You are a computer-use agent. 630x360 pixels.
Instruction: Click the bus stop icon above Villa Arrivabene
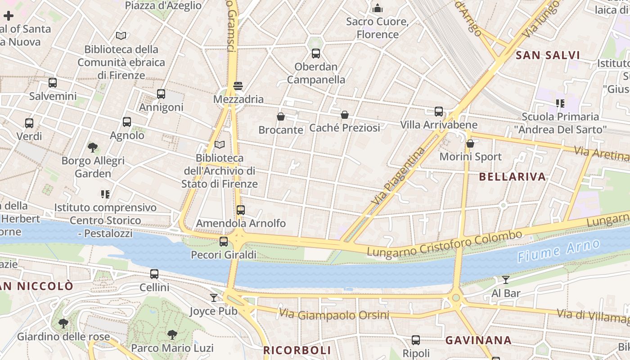(x=439, y=112)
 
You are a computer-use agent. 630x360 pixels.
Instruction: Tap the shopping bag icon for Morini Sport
(x=470, y=144)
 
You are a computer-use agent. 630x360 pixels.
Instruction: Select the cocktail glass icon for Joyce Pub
(x=213, y=297)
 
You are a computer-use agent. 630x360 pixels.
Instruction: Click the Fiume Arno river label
(x=558, y=251)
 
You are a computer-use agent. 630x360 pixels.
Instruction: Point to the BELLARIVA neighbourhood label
(x=513, y=176)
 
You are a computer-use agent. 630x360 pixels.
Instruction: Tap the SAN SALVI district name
(x=548, y=55)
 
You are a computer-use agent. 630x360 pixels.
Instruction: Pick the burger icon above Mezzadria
(x=238, y=86)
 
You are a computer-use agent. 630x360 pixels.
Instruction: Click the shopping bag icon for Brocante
(x=281, y=117)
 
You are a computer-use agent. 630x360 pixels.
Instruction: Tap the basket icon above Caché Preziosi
(x=345, y=115)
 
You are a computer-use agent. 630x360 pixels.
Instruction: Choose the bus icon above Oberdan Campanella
(x=316, y=54)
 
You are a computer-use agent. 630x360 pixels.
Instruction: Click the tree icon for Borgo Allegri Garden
(x=93, y=147)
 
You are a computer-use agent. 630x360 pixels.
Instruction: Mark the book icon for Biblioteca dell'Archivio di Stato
(x=220, y=144)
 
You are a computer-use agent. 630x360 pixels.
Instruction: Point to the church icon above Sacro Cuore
(x=378, y=8)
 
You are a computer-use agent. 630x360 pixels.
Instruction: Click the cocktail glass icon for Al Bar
(x=506, y=280)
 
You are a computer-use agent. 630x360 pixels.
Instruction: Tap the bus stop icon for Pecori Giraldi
(x=224, y=242)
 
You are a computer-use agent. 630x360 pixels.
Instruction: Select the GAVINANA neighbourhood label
(x=478, y=340)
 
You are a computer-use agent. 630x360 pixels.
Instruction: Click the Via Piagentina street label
(x=399, y=176)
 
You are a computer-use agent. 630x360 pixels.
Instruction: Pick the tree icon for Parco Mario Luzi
(x=172, y=334)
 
